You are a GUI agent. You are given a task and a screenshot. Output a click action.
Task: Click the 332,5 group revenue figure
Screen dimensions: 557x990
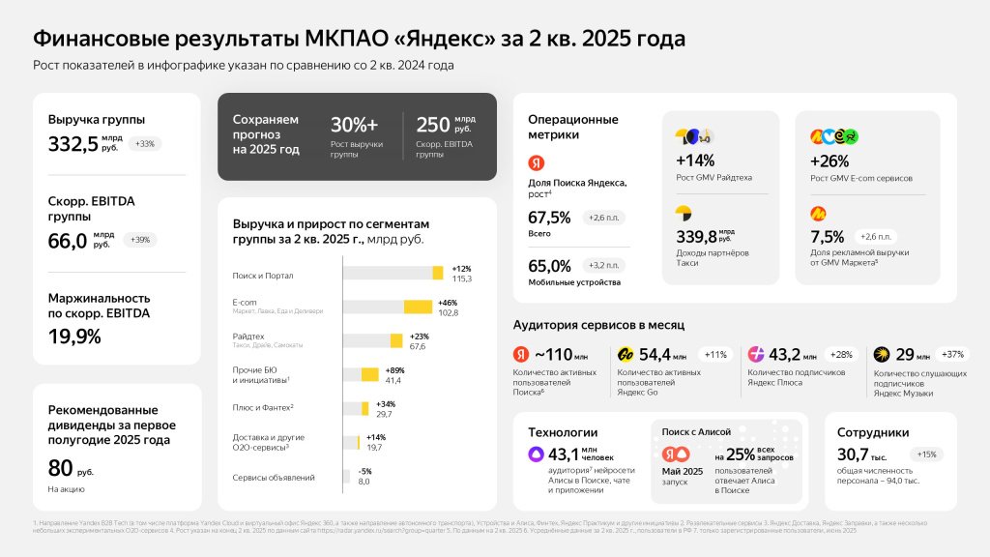71,144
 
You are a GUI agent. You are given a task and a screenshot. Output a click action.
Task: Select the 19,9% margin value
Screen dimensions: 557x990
74,337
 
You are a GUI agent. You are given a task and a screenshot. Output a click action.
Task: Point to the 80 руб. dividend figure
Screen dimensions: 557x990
60,468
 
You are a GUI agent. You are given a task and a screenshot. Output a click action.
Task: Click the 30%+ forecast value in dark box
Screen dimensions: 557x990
354,125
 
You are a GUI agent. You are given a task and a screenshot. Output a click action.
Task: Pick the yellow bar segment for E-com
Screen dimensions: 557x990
417,307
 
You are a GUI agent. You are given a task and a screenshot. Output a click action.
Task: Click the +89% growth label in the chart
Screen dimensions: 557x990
396,370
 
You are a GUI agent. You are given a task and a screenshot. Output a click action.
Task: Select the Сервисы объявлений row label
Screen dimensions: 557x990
274,477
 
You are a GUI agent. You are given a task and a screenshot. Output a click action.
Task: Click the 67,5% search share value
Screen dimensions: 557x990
549,218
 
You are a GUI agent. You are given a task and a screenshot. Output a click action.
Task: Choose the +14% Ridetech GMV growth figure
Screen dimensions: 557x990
695,161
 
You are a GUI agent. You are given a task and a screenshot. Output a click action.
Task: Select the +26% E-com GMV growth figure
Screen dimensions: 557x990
829,161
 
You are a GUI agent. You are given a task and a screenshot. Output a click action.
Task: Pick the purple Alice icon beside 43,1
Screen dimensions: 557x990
535,454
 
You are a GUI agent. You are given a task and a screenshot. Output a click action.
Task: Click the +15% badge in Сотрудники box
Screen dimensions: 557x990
926,454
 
